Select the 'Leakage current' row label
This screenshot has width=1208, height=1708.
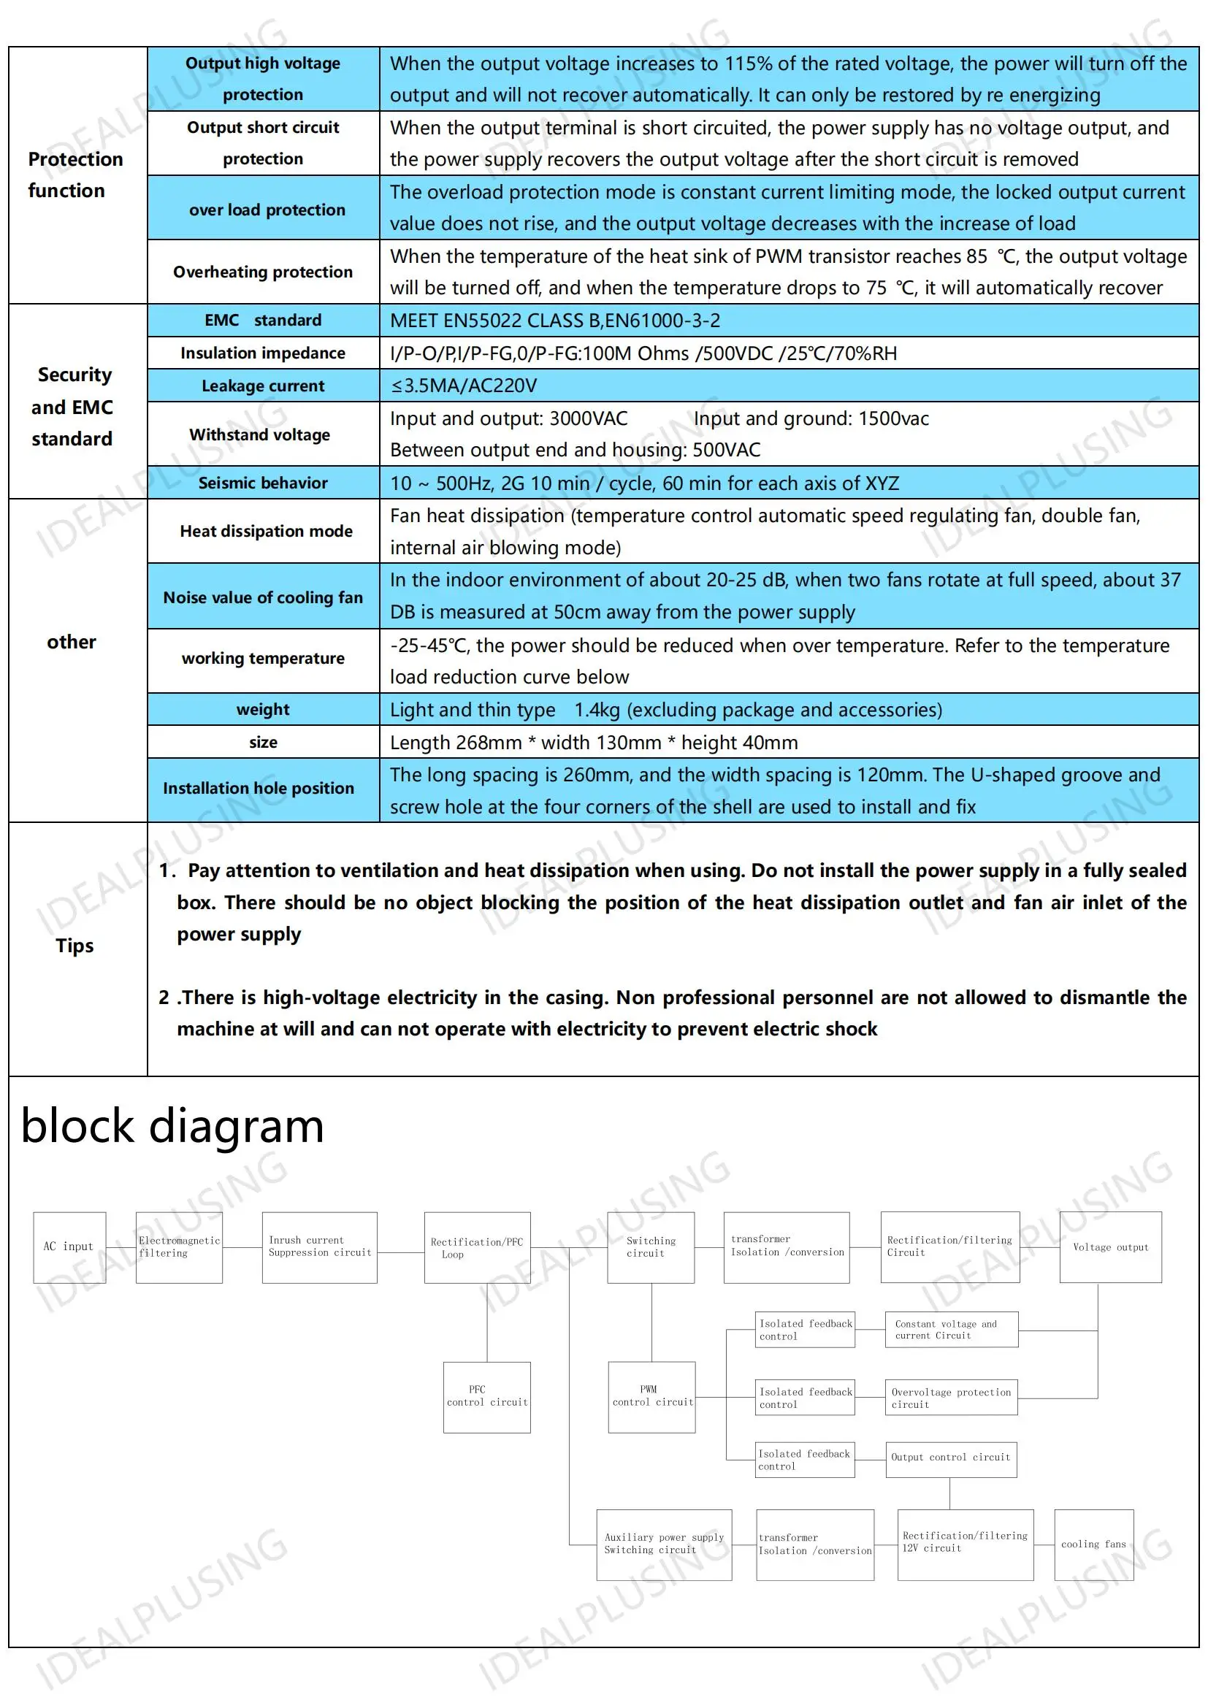[263, 386]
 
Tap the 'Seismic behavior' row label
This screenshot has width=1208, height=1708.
[263, 483]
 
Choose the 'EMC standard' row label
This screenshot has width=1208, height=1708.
[263, 320]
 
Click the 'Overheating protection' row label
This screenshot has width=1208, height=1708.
[263, 272]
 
